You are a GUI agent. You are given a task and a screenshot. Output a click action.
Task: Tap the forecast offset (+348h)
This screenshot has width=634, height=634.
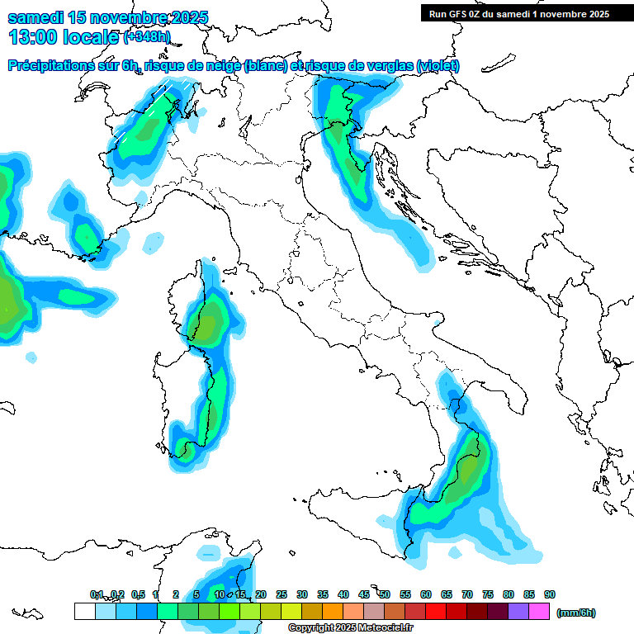[146, 37]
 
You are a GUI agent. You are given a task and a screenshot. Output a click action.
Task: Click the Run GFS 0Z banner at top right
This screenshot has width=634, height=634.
[518, 13]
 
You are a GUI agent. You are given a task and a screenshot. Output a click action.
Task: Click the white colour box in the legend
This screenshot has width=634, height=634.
[84, 612]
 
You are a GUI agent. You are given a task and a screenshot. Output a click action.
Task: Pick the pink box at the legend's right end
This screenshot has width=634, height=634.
[540, 612]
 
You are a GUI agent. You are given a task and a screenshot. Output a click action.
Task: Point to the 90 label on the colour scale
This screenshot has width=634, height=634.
[549, 594]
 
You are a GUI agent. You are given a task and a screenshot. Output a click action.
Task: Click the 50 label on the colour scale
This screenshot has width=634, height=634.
[385, 594]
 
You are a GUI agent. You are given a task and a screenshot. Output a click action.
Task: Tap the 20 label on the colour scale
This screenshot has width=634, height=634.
[261, 594]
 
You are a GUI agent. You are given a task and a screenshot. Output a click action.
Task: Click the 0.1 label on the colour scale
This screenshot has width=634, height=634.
[97, 594]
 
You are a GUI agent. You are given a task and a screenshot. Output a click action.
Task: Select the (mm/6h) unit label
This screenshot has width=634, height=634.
[575, 613]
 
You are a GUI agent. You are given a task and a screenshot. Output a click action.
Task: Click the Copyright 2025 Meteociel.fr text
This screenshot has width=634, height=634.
[350, 628]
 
